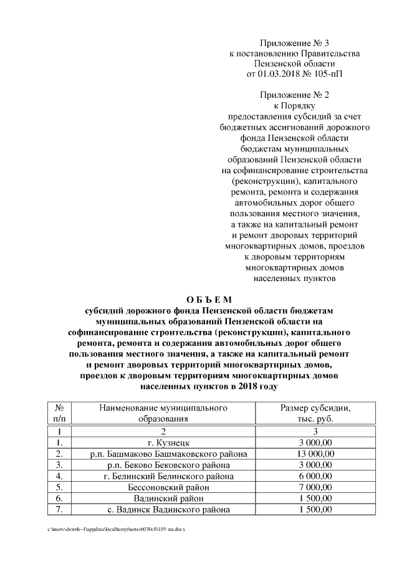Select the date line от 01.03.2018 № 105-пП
tap(294, 74)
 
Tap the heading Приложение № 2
tap(294, 95)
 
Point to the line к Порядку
tap(294, 105)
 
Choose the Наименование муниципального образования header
tap(163, 413)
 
